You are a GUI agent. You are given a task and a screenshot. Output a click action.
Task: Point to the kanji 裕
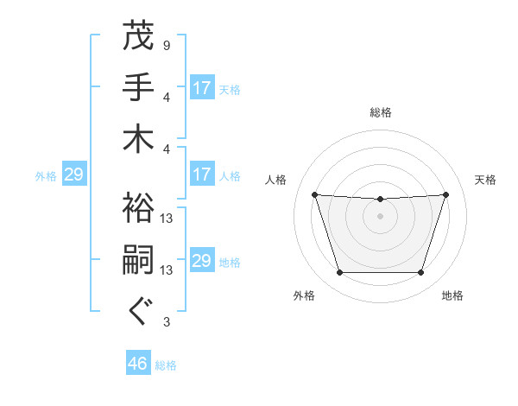[x=138, y=208]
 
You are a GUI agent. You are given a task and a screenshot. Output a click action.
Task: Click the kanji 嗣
[x=138, y=261]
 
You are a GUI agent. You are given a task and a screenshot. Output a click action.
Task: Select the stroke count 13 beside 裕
[x=167, y=219]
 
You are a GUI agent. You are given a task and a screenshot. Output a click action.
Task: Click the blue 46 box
[x=137, y=364]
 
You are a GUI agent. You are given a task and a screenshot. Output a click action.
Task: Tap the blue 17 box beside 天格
[x=201, y=87]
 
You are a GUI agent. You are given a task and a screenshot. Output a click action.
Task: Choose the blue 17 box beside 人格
[x=201, y=174]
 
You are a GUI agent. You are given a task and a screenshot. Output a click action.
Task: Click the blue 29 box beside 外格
[x=73, y=174]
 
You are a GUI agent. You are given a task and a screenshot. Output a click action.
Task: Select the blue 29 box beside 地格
[x=201, y=261]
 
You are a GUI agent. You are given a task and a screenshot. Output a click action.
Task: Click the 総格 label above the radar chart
[x=381, y=112]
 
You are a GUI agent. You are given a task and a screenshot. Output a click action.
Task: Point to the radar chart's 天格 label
[x=486, y=180]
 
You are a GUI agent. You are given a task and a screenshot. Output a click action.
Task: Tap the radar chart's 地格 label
[x=452, y=295]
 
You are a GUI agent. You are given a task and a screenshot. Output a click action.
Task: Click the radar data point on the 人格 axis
[x=314, y=194]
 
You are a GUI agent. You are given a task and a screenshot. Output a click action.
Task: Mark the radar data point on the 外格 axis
[x=339, y=273]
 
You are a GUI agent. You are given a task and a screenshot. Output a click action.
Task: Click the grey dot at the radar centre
[x=380, y=216]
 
